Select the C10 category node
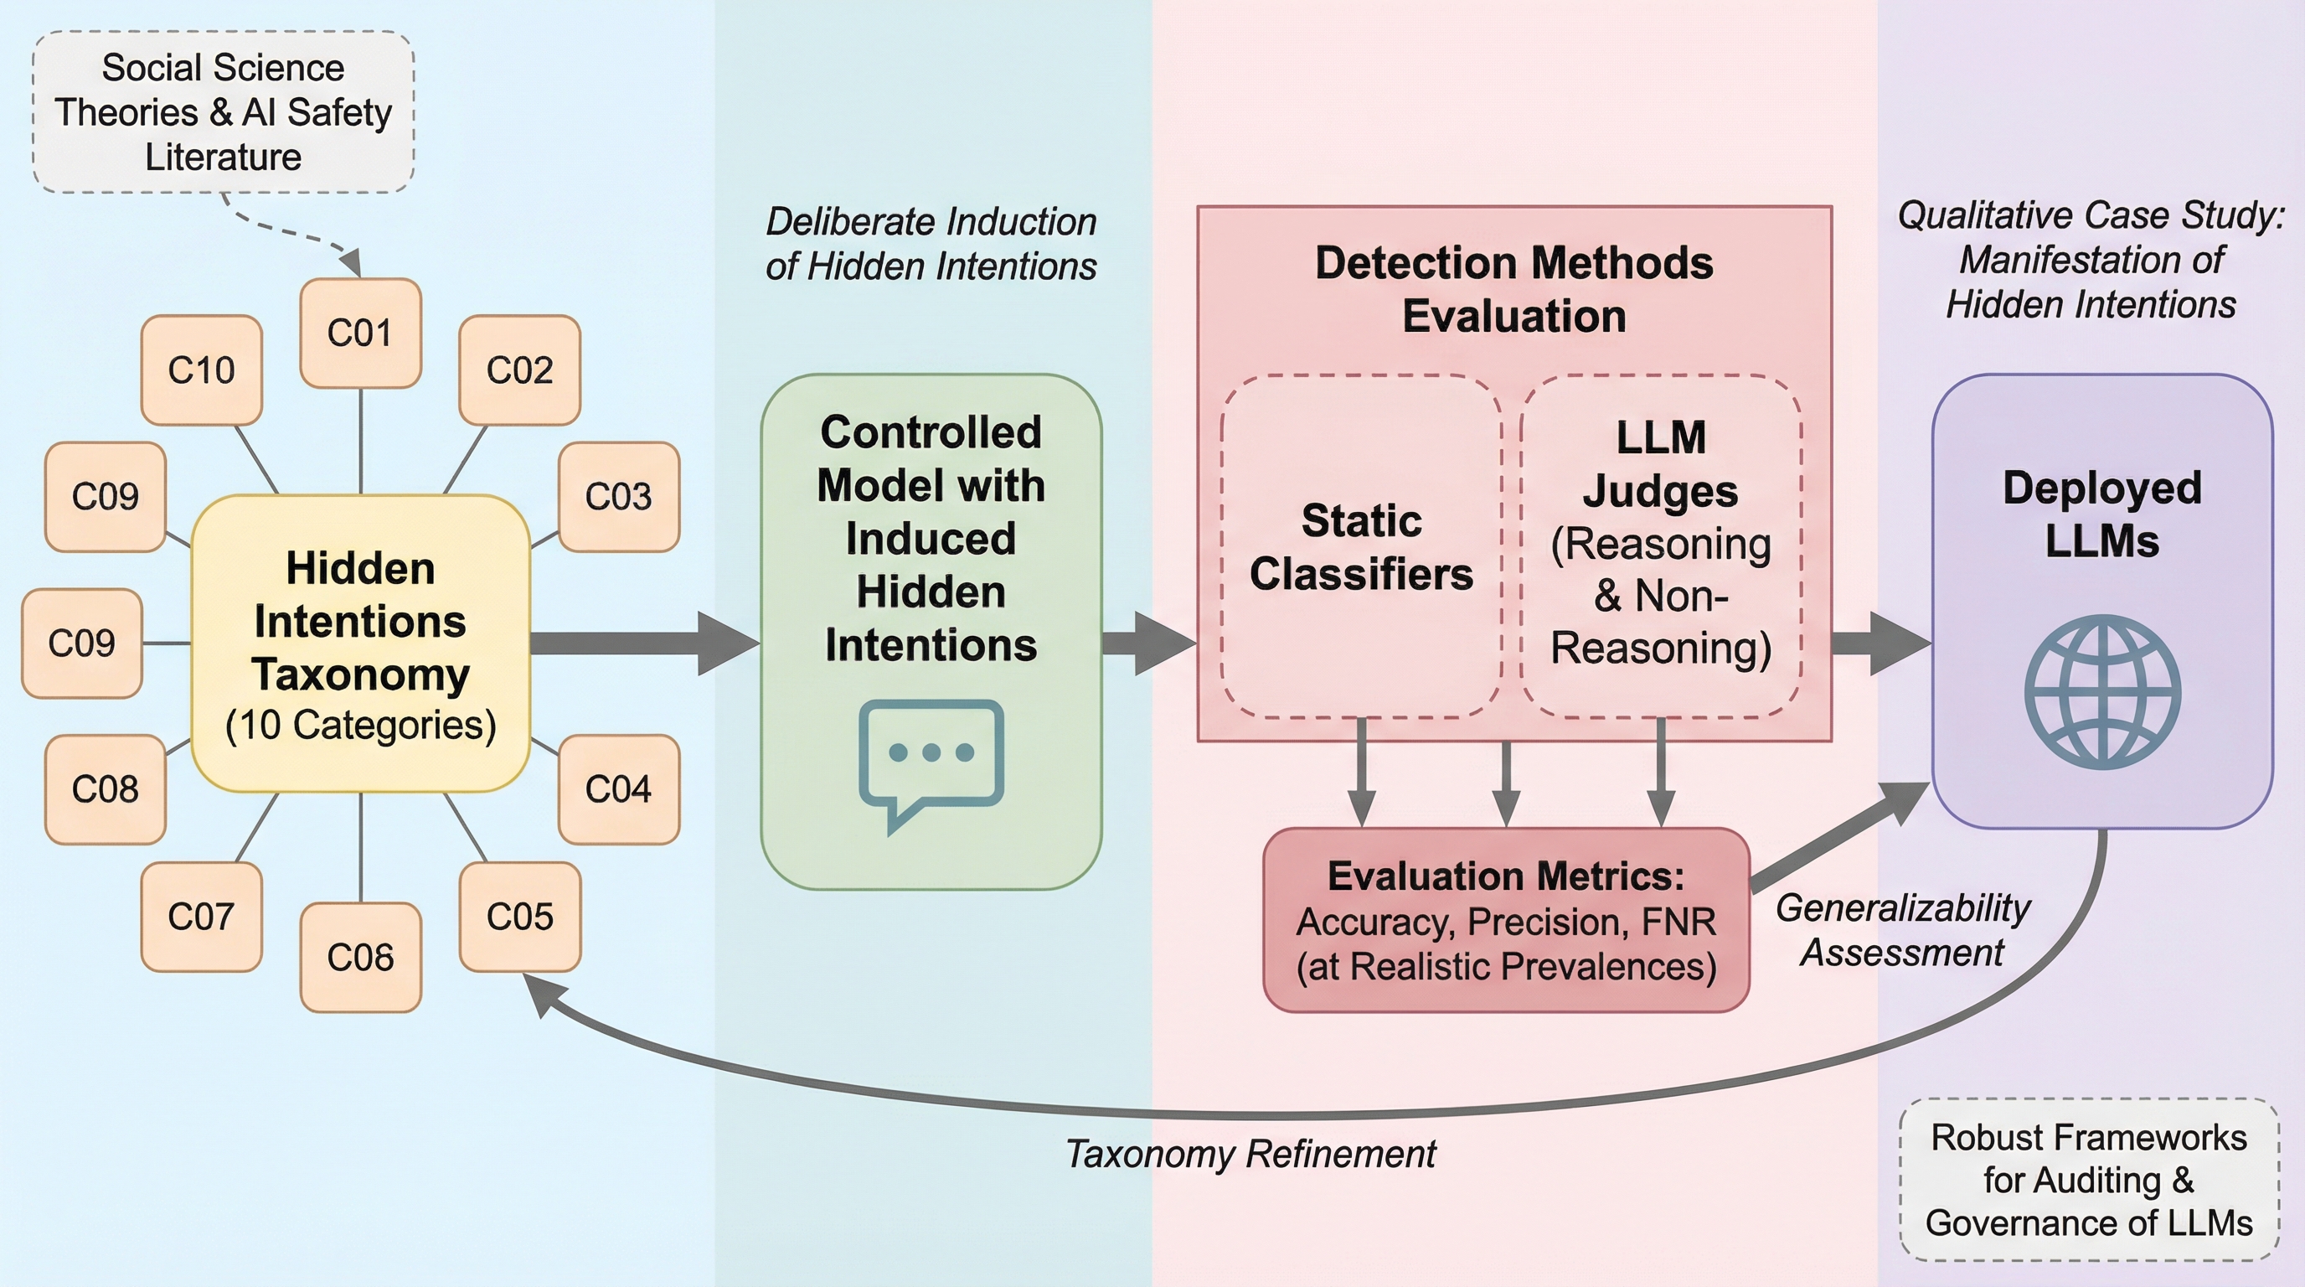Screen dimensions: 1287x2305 [x=201, y=370]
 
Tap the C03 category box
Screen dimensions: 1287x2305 [x=618, y=496]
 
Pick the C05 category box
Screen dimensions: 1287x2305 [x=520, y=917]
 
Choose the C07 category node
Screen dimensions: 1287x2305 [x=201, y=917]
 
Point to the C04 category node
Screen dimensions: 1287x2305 [x=618, y=788]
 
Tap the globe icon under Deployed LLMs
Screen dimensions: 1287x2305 [x=2101, y=692]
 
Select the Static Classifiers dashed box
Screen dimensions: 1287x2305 [x=1361, y=546]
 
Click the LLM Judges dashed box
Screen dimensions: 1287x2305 [x=1661, y=546]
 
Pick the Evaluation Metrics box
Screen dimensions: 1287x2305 [x=1506, y=920]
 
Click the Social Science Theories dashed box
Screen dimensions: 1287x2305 [x=223, y=112]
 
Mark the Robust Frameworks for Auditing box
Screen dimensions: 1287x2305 [x=2088, y=1180]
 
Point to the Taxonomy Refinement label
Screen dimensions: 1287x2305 [x=1250, y=1154]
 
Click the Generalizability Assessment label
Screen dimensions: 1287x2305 [x=1902, y=930]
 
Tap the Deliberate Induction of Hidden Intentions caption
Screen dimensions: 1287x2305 [x=931, y=244]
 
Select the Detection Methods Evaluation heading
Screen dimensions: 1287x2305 [x=1514, y=289]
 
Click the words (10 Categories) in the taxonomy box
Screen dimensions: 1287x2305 [x=361, y=725]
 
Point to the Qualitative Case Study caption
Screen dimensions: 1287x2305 [x=2091, y=260]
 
